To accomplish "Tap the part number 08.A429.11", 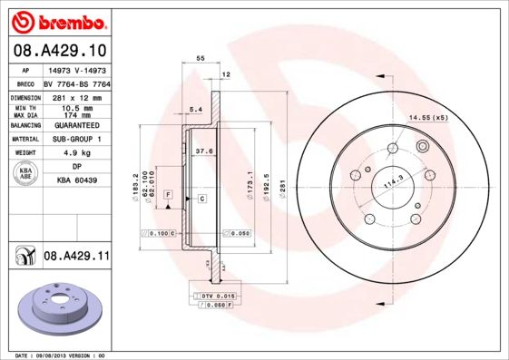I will (76, 258).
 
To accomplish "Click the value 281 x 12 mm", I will (76, 96).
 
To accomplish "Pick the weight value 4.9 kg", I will (76, 154).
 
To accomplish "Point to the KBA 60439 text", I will (76, 180).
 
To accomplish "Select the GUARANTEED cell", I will (76, 125).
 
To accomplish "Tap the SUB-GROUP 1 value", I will (76, 140).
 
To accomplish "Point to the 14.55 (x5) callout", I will (429, 118).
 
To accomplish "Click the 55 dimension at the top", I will (201, 57).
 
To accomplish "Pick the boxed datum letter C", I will (201, 198).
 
